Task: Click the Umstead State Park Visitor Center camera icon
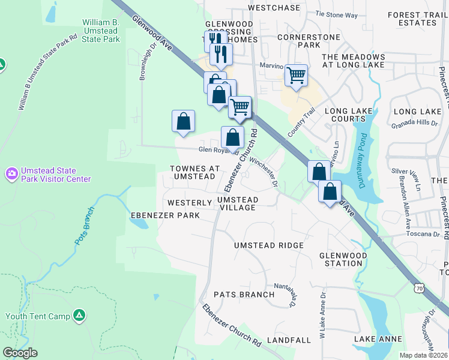(11, 174)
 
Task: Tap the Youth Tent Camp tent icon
(79, 315)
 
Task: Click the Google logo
(20, 353)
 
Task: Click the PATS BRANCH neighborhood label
(244, 295)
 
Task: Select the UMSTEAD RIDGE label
(268, 245)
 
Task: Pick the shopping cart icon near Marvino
(296, 75)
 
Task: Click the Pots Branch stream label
(85, 225)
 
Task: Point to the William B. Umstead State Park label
(101, 31)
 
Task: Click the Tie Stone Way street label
(336, 14)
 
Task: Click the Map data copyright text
(424, 355)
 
